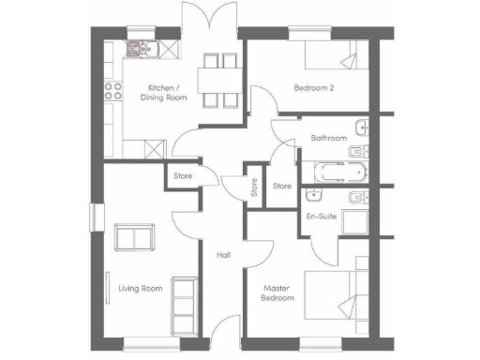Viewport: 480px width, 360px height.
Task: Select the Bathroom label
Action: coord(329,139)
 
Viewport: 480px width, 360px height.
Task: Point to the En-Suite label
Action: coord(322,217)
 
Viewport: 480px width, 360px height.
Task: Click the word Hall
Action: coord(224,254)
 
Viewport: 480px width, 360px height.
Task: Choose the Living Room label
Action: coord(140,289)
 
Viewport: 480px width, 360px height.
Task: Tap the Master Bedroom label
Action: coord(277,293)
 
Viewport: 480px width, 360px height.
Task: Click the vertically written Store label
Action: coord(253,187)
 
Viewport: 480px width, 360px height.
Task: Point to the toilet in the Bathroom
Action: coord(356,152)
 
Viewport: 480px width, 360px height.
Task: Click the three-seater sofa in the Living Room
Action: coord(184,299)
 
